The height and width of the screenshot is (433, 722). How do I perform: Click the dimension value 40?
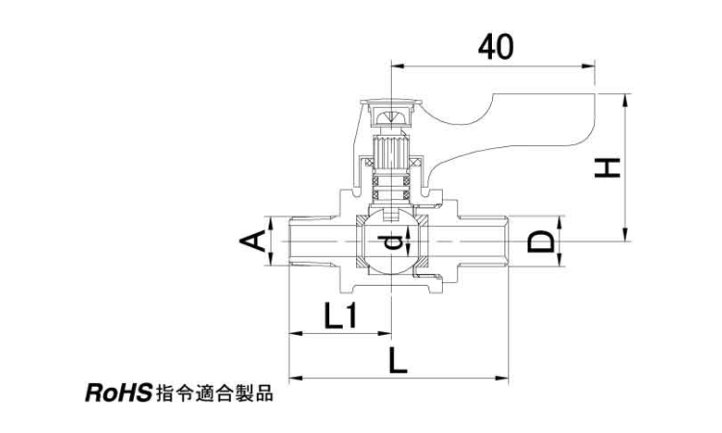pos(496,47)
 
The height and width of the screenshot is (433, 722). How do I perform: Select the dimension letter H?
pos(607,167)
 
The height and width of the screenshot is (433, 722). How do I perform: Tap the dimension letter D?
pos(541,242)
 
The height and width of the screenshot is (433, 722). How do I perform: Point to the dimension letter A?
pos(252,242)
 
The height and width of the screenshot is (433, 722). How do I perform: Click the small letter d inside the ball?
pos(390,242)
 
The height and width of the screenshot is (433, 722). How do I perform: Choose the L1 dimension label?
pos(340,316)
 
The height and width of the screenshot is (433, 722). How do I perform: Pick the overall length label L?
pos(398,360)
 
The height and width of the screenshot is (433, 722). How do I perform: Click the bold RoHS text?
pos(118,394)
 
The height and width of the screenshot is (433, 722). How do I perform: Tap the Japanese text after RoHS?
pos(215,394)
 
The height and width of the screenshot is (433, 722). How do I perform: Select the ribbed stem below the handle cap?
pos(391,155)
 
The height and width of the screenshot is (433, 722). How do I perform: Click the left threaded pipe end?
pos(313,242)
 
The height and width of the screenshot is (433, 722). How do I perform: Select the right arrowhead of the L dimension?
pos(502,378)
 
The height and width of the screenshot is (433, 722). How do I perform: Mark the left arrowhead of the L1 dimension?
pos(296,332)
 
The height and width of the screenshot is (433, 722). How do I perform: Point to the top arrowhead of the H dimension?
pos(625,101)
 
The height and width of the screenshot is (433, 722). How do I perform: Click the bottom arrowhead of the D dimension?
pos(559,260)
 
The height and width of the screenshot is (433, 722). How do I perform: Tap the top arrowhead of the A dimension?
pos(271,223)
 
